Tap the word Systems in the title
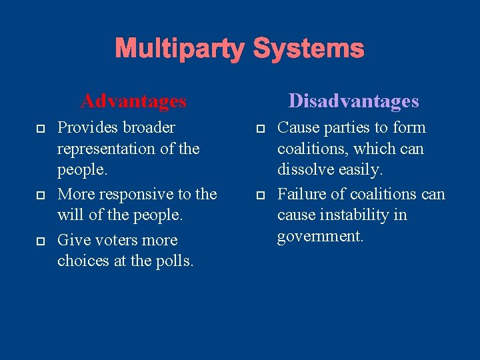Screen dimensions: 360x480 [x=309, y=49]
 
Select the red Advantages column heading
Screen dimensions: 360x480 [x=133, y=101]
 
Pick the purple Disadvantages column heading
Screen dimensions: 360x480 [x=353, y=101]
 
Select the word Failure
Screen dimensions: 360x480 [x=298, y=194]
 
